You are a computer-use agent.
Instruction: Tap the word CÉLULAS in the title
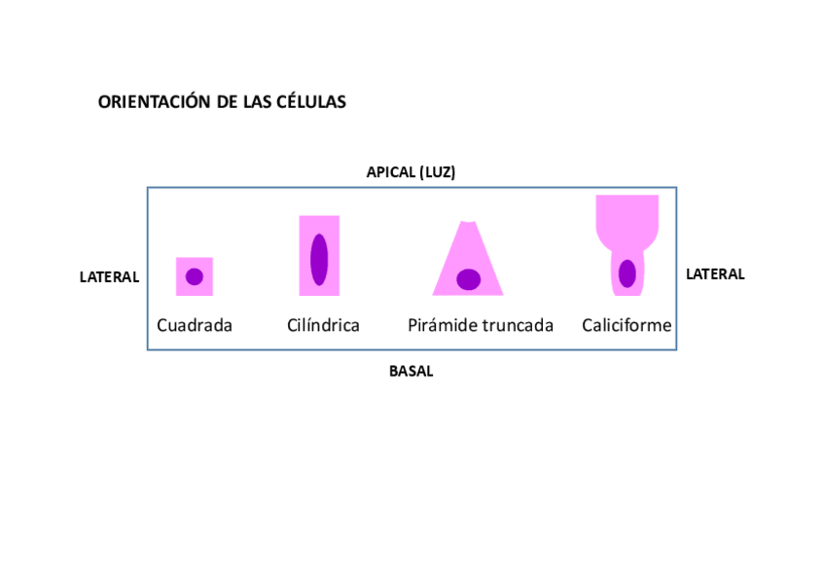[311, 102]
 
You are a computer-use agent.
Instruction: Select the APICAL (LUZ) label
[411, 172]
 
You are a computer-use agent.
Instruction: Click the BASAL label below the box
[411, 371]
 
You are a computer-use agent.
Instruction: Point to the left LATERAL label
[109, 277]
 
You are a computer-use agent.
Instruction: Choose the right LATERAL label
[715, 274]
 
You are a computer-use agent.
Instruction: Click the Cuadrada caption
[195, 325]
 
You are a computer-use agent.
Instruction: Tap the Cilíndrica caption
[323, 325]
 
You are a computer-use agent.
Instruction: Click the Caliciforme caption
[627, 325]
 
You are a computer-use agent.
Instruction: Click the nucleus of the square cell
[195, 276]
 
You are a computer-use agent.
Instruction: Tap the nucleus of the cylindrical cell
[319, 260]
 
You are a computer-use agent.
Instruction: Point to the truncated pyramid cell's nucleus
[469, 279]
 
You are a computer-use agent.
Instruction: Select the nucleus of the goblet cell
[628, 273]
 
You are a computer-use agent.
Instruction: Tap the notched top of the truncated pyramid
[469, 225]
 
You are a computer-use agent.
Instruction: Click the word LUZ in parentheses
[436, 172]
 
